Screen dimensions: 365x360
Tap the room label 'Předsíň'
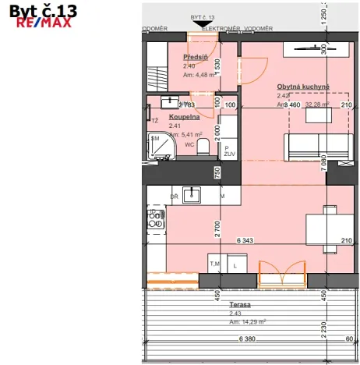(x=195, y=58)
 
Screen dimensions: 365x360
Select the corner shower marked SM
(x=161, y=147)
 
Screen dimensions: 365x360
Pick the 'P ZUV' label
(x=228, y=151)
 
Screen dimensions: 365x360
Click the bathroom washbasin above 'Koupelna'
(x=170, y=101)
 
